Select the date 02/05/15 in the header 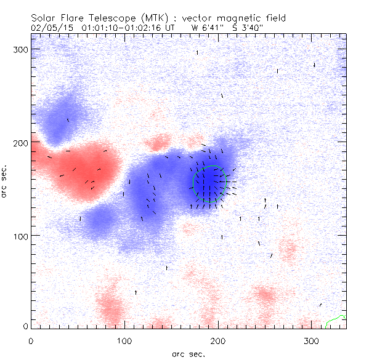click(48, 28)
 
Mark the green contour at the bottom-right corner click(335, 319)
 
